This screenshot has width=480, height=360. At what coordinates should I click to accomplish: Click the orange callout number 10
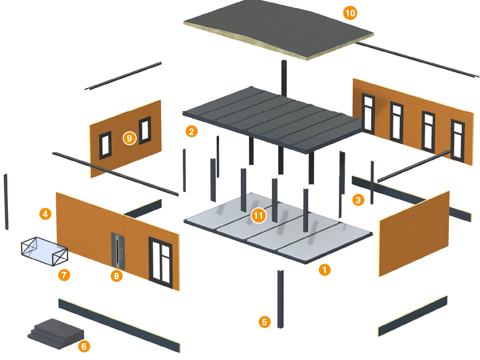tap(350, 13)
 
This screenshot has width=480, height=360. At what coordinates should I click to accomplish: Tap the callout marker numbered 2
tap(191, 131)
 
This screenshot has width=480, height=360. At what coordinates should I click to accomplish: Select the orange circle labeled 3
tap(358, 200)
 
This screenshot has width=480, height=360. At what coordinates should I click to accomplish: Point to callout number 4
tap(45, 214)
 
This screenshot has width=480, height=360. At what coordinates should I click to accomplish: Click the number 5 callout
tap(265, 322)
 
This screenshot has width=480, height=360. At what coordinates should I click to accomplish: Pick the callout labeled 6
tap(84, 346)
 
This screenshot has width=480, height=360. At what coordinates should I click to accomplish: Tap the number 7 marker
tap(64, 275)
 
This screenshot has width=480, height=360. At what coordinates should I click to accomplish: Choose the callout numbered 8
tap(116, 276)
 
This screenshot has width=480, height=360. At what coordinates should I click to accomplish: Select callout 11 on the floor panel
tap(258, 216)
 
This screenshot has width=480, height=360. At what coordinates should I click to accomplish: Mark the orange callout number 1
tap(324, 270)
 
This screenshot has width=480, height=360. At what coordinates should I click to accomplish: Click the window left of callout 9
tap(104, 145)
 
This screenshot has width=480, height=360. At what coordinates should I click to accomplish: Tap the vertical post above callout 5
tap(280, 299)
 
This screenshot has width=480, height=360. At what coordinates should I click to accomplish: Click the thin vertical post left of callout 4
tap(6, 202)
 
